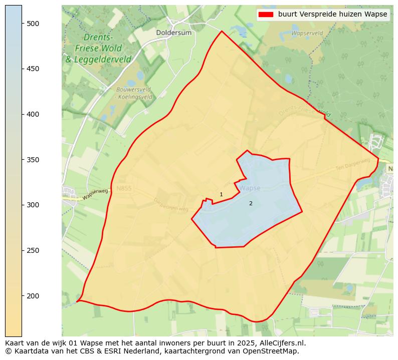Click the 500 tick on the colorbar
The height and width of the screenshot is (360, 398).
point(34,24)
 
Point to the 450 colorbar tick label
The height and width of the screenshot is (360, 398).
point(34,69)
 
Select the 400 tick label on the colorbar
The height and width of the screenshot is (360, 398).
point(34,114)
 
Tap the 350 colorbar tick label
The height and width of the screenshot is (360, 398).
point(34,160)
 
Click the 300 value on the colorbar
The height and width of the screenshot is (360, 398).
point(34,205)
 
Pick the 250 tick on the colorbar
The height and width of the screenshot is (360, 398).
point(34,250)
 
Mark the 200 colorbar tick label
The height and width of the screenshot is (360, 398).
point(34,296)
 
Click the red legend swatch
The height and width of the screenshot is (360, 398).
point(265,15)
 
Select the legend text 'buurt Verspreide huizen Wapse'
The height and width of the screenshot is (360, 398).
point(332,15)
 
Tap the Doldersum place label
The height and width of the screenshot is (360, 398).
point(174,33)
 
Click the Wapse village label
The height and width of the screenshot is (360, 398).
point(250,188)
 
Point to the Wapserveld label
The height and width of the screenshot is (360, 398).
point(307,33)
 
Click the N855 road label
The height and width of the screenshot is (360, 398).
point(124,188)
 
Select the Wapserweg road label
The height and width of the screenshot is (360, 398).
point(95,194)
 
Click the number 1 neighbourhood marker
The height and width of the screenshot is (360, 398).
point(221,194)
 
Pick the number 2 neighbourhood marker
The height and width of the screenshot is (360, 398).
point(251,203)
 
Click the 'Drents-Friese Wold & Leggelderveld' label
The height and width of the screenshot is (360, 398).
point(98,49)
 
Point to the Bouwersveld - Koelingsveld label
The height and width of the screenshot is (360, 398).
point(134,93)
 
